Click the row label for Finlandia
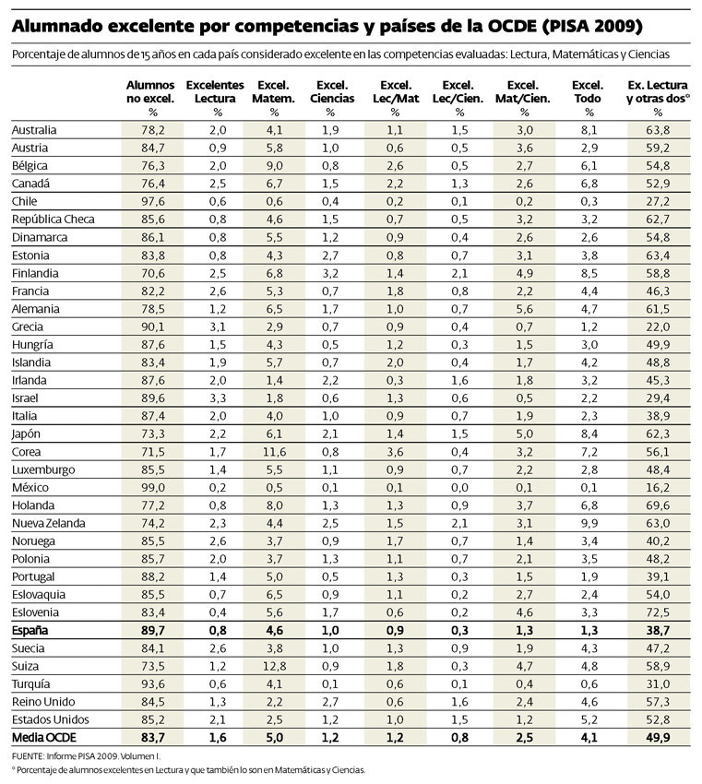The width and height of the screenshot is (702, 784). click(35, 273)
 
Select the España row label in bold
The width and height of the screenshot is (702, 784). click(29, 631)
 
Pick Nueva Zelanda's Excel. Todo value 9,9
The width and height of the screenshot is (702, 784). click(588, 523)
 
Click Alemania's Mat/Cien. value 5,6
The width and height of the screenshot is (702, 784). click(522, 309)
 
